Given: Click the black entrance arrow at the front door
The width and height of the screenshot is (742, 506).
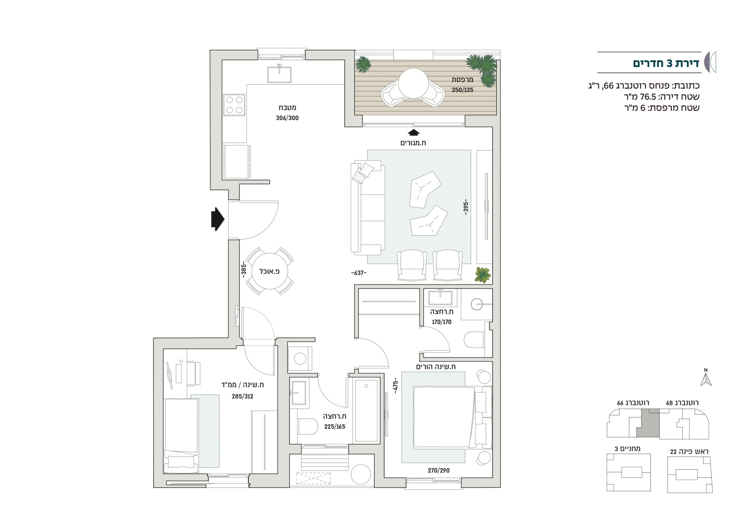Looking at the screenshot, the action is click(x=218, y=219).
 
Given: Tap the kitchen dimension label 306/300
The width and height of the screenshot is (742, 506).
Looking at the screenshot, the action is click(x=287, y=118).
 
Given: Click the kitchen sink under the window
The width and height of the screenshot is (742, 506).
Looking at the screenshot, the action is click(x=279, y=74).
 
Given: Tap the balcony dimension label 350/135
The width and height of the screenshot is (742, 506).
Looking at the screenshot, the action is click(x=462, y=90).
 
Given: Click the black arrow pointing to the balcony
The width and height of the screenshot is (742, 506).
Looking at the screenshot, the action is click(x=414, y=132).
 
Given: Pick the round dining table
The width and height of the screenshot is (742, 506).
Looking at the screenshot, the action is click(x=270, y=271).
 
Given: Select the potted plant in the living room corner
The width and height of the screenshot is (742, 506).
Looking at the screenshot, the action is click(x=483, y=274).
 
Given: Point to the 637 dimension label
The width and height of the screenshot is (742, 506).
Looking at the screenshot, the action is click(x=359, y=273).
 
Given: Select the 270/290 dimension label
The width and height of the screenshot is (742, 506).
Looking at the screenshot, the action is click(x=439, y=470).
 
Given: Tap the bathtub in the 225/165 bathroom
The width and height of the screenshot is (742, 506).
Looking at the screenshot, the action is click(x=367, y=411).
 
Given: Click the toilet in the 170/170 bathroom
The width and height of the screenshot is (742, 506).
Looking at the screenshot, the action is click(x=474, y=339).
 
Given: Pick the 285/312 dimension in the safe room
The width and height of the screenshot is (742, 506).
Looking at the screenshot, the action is click(x=242, y=396).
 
